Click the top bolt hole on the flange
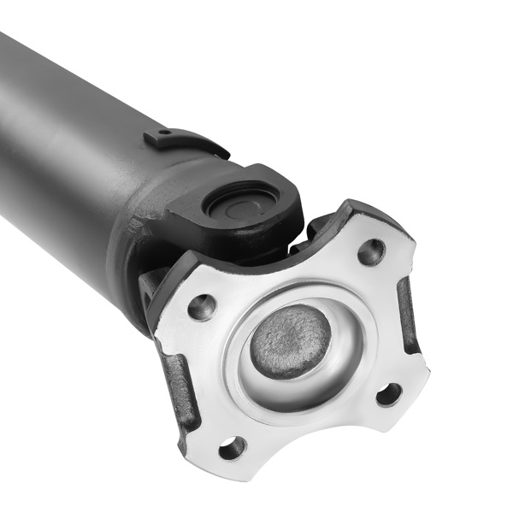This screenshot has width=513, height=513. [371, 251]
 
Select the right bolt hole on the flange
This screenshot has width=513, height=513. [388, 394]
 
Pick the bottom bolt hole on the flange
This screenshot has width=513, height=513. [231, 447]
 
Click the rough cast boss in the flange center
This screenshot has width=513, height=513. [290, 340]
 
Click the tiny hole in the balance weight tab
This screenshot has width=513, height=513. [164, 135]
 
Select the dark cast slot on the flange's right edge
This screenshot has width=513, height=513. [408, 317]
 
